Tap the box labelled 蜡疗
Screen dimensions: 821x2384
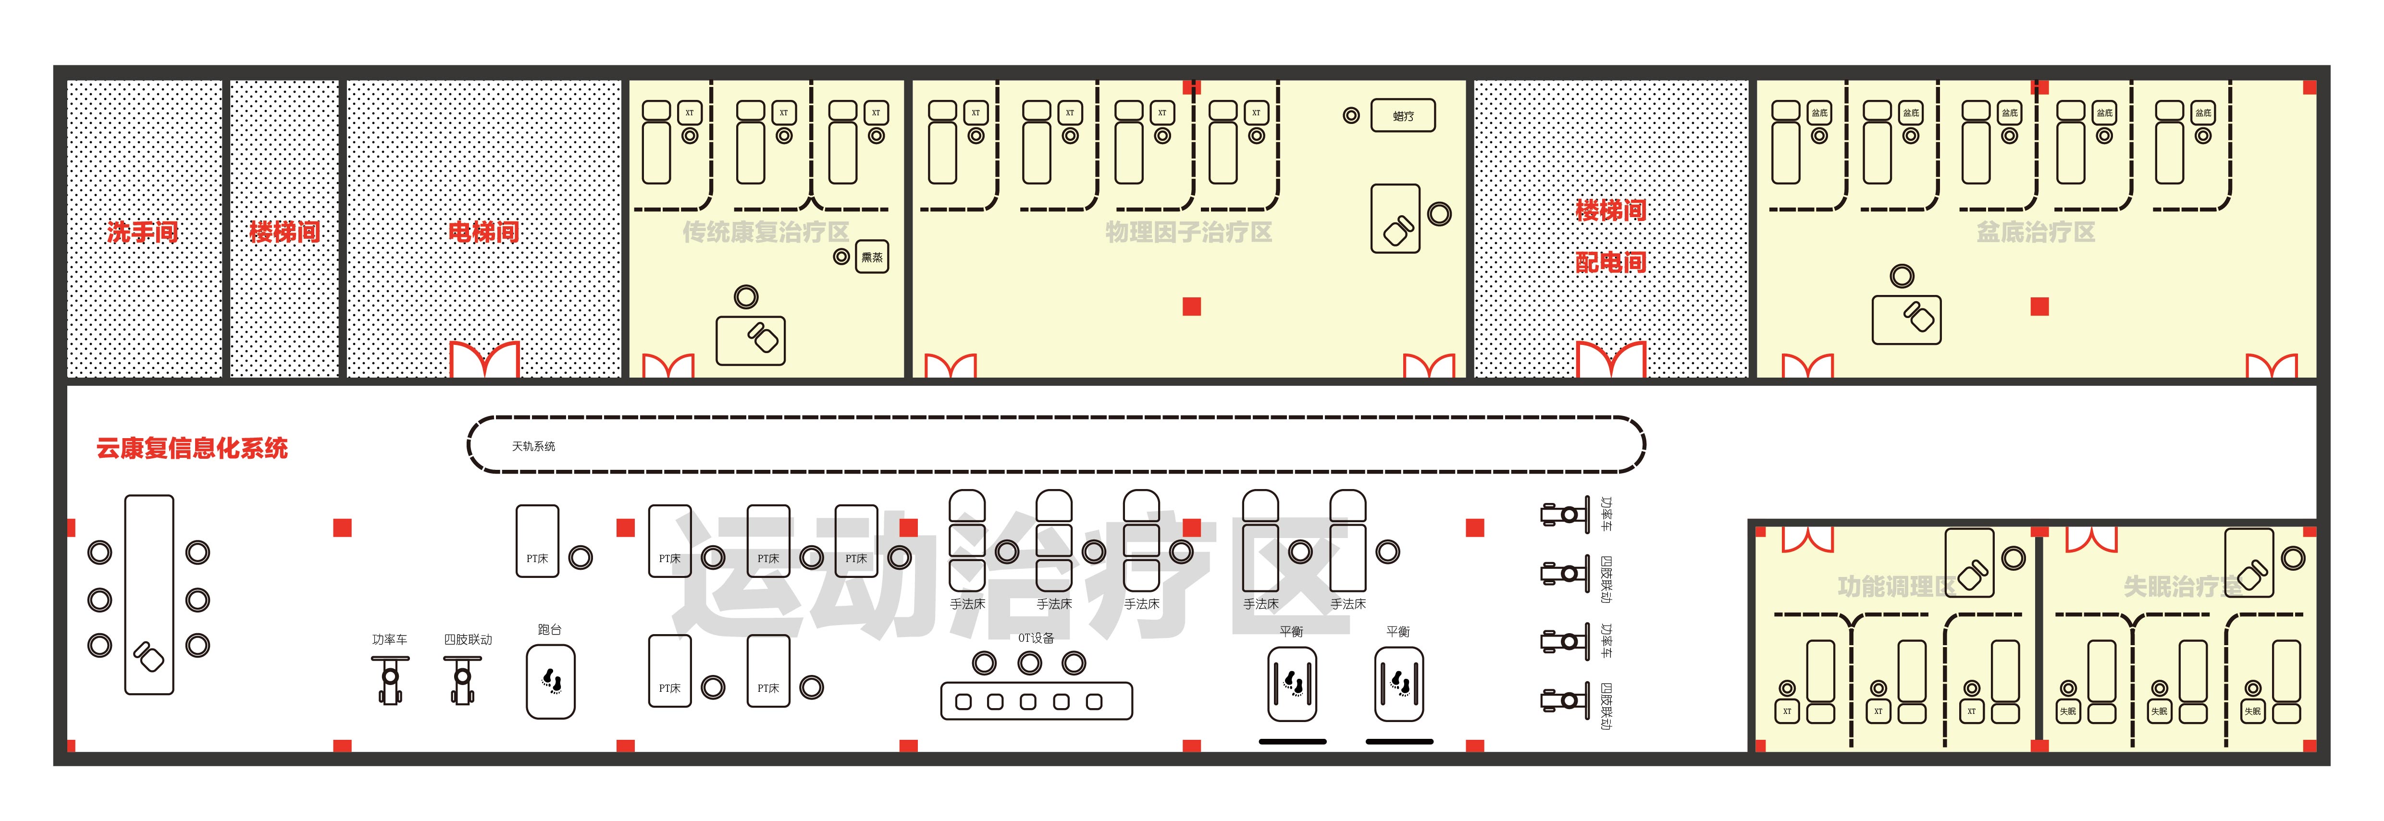coord(1403,116)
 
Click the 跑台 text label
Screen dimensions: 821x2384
coord(550,629)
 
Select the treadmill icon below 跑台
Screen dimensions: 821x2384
coord(551,682)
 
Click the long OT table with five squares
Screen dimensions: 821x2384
coord(1037,701)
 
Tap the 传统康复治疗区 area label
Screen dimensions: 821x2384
coord(766,233)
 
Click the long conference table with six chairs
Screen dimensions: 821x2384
coord(149,594)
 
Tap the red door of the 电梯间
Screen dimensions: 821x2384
coord(484,359)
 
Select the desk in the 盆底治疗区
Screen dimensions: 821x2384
coord(1906,319)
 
